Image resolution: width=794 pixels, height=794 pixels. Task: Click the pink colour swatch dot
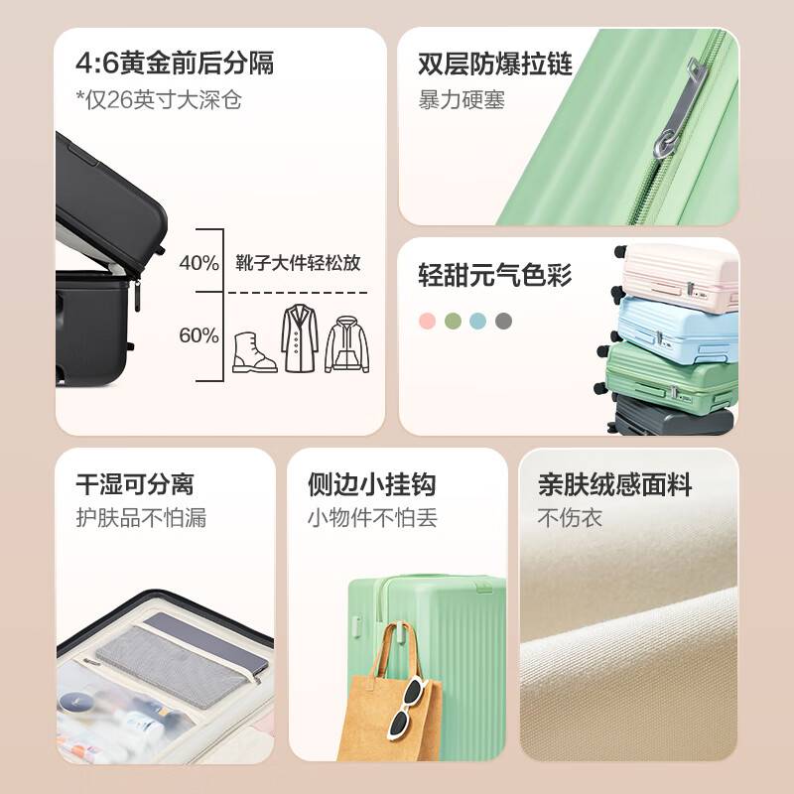427,321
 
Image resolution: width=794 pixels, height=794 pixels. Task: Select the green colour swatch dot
453,321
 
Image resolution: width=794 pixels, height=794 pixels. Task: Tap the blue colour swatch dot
477,321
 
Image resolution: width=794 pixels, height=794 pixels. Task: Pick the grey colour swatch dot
503,321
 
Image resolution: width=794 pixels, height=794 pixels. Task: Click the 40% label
199,263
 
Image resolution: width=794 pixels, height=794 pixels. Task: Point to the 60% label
199,335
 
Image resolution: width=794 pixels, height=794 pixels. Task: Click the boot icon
254,352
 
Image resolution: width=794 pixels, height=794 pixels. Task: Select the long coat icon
300,338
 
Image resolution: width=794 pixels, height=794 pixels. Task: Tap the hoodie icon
346,344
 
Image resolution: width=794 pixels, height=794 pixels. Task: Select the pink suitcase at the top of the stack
679,277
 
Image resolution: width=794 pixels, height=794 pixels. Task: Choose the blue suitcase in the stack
677,331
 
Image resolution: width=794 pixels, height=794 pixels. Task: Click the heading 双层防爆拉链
494,64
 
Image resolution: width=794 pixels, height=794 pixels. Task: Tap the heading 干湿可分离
135,484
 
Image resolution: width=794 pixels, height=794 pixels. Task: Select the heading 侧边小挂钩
371,484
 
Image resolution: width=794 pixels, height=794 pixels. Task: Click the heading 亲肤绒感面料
614,484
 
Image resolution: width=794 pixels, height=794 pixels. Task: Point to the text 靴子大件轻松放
298,263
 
